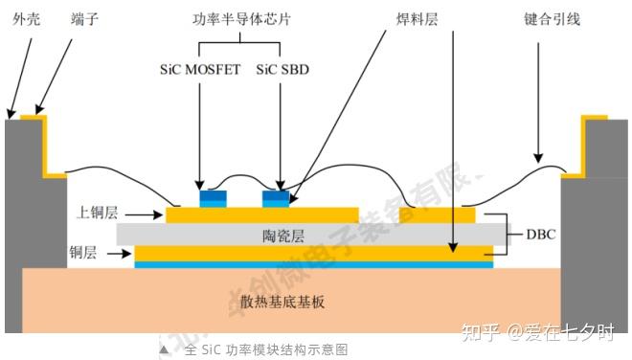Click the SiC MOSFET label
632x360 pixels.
200,71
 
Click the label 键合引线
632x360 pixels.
553,18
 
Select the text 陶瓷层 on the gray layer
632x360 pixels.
283,234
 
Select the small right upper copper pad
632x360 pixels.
437,215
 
